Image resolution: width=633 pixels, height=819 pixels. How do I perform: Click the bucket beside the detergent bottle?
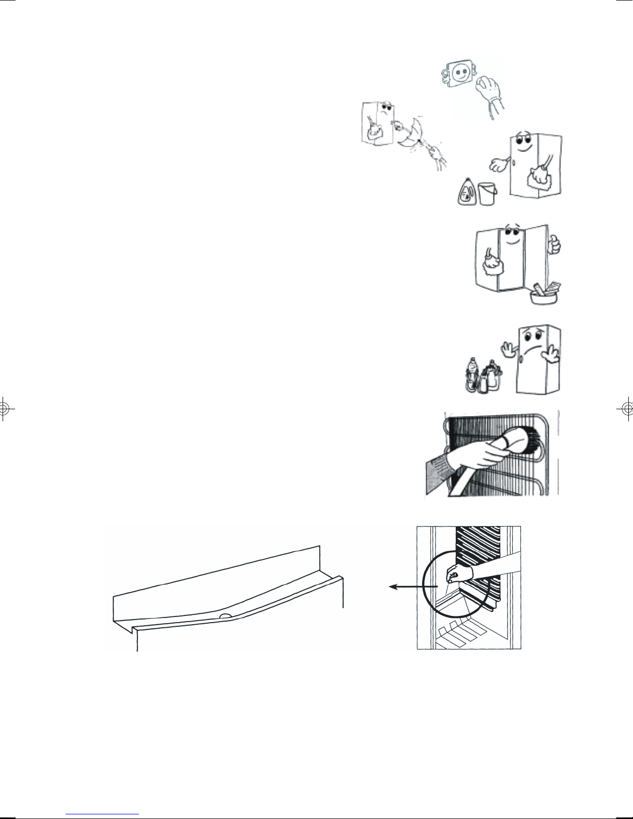point(487,193)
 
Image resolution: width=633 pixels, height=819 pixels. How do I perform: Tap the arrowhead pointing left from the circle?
point(392,586)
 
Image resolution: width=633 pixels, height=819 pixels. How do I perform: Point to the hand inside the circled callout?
point(457,573)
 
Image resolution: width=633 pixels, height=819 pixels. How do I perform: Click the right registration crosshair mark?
point(627,408)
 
